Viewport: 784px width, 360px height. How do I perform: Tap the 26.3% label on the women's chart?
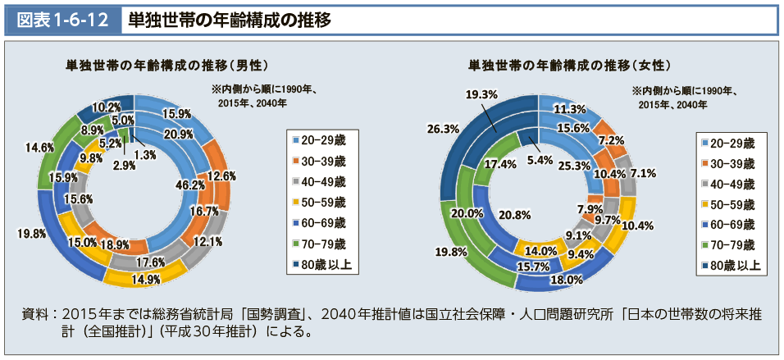click(x=443, y=129)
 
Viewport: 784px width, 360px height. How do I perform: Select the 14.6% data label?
click(x=40, y=148)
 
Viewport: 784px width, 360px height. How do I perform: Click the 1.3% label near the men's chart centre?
click(x=145, y=155)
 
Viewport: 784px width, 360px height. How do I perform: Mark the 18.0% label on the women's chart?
click(x=565, y=280)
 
